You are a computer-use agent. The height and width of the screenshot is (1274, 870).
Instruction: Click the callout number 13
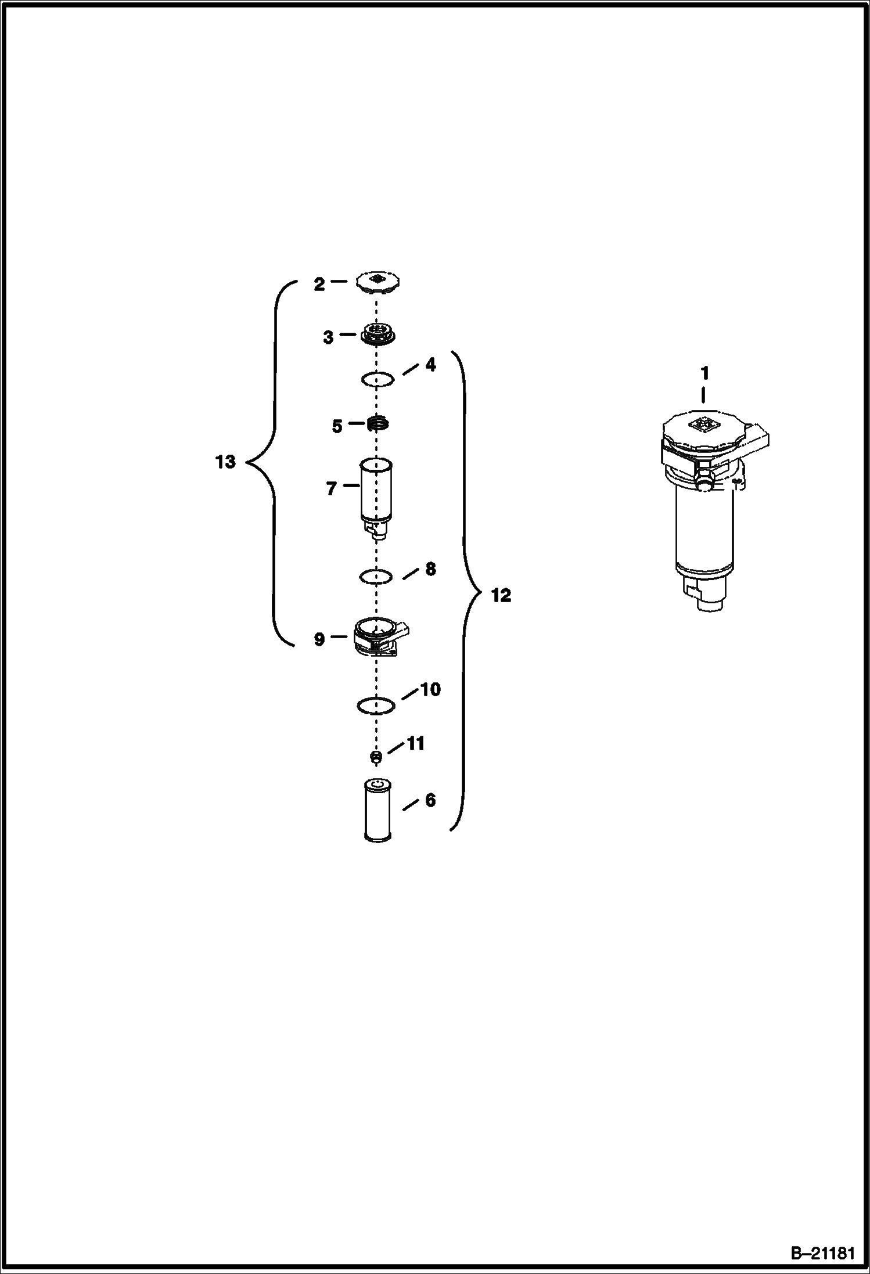coord(225,462)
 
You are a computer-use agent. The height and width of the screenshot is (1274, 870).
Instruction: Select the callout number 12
coord(501,595)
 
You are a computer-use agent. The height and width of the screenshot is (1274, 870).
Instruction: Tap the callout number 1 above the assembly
coord(705,374)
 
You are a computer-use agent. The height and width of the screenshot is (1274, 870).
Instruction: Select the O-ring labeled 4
coord(378,379)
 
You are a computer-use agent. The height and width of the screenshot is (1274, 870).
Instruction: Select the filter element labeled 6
coord(378,810)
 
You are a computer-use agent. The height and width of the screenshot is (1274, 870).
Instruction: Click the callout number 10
coord(430,689)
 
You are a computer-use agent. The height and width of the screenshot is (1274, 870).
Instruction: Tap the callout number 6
coord(430,800)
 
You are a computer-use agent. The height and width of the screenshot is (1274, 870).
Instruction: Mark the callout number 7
coord(331,489)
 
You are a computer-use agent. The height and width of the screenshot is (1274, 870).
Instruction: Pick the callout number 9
coord(319,640)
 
